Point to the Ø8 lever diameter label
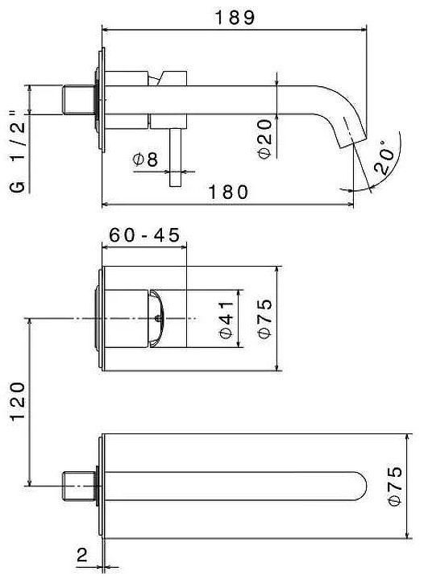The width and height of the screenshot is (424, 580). tap(146, 159)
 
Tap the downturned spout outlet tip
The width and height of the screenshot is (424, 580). tap(351, 134)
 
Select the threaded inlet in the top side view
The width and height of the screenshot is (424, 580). tap(78, 100)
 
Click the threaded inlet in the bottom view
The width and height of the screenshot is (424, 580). tap(78, 487)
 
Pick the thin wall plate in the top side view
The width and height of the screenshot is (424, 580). tap(101, 100)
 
